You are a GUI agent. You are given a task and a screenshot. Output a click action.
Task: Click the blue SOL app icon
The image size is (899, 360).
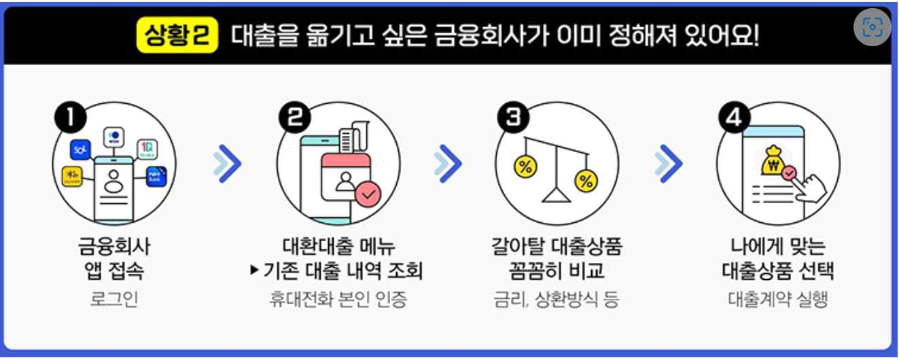point(80,148)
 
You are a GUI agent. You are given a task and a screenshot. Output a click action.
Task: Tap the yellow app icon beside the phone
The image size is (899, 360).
point(72,175)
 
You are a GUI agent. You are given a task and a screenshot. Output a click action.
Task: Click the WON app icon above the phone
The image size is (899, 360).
point(113,137)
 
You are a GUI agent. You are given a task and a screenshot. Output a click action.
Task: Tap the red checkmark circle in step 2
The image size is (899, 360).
point(368,196)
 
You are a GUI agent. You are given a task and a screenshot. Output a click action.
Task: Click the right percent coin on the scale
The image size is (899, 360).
point(586,181)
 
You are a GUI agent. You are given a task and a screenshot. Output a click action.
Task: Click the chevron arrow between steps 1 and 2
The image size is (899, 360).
point(227,164)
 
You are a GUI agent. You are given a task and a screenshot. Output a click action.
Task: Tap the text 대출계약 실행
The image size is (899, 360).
point(778,300)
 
